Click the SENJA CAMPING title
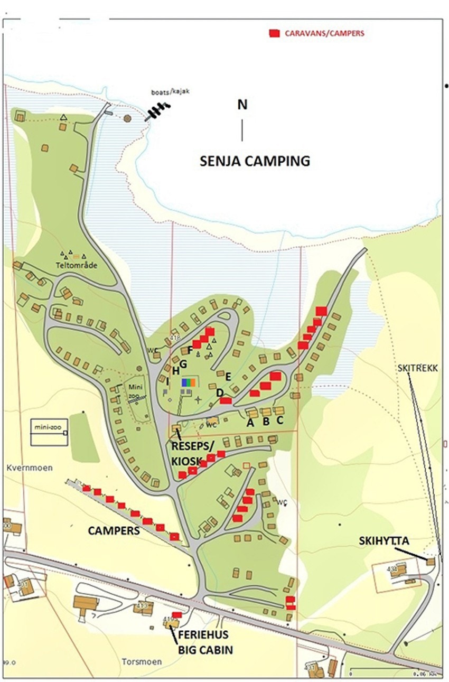(255, 161)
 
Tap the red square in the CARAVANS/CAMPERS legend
(274, 33)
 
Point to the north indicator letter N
(242, 105)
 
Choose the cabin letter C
(280, 421)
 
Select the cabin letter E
(228, 377)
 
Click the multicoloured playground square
(189, 382)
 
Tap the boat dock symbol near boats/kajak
(158, 111)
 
